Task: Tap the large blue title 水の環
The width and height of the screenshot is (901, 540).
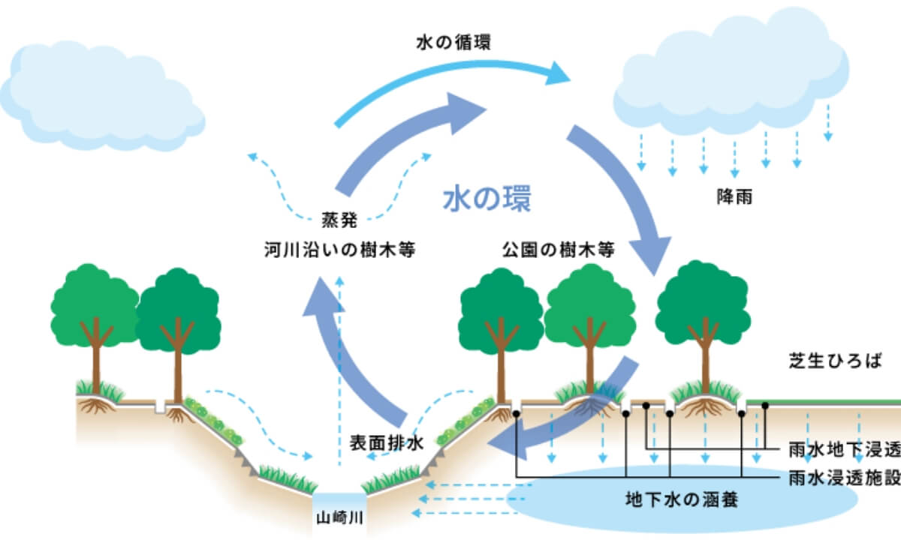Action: [486, 199]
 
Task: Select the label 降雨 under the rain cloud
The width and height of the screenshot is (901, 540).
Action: [734, 199]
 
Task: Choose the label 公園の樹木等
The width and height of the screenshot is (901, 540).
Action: [559, 250]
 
